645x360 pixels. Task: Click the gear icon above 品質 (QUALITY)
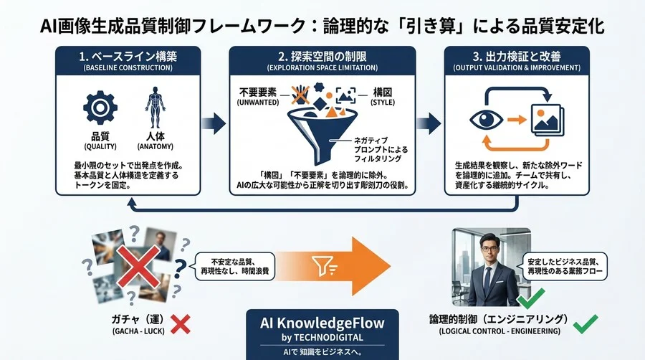pyautogui.click(x=100, y=108)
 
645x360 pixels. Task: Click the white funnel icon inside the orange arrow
pyautogui.click(x=321, y=267)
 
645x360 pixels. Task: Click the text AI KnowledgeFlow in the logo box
pyautogui.click(x=322, y=322)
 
